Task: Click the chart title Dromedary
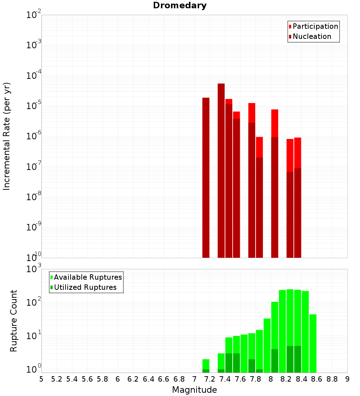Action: [x=180, y=5]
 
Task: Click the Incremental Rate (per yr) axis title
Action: [x=7, y=136]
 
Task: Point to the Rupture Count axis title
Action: [x=14, y=321]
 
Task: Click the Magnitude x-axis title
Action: [x=194, y=390]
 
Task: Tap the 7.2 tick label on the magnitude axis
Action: [x=210, y=379]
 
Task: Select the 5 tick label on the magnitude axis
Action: [x=41, y=379]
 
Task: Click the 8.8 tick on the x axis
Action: [x=332, y=379]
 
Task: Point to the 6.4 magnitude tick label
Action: [x=148, y=379]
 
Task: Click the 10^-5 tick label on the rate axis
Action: [x=34, y=105]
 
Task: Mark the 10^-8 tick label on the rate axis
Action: [x=34, y=197]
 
